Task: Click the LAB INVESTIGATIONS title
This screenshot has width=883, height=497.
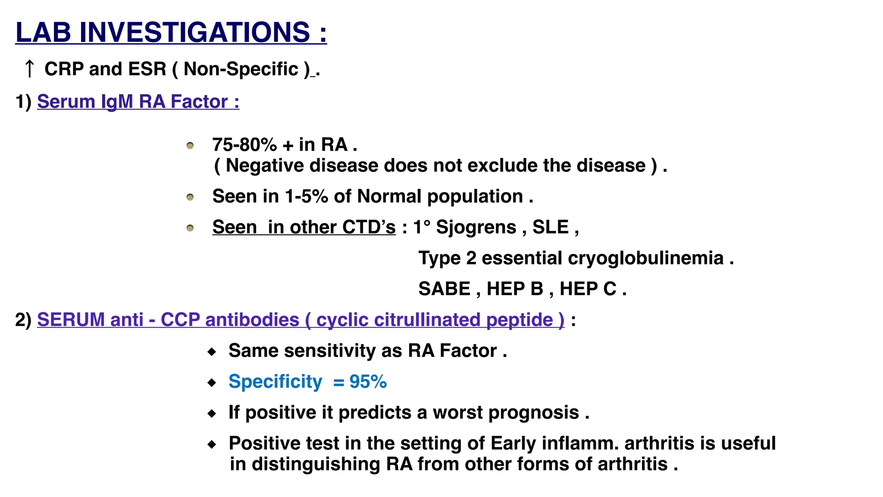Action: click(x=171, y=32)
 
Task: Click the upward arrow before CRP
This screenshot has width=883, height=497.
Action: click(x=29, y=69)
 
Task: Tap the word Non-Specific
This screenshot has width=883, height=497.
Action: click(x=241, y=69)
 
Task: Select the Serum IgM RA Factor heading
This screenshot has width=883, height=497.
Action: click(x=138, y=102)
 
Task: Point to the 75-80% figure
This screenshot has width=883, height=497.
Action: click(x=244, y=145)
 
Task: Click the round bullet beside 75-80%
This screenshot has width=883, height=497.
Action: click(x=190, y=146)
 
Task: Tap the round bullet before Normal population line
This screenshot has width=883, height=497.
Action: click(x=190, y=198)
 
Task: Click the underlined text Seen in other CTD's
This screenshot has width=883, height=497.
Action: click(x=304, y=227)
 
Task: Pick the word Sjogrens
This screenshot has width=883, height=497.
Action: click(x=476, y=227)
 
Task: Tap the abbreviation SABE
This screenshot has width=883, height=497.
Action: click(x=444, y=289)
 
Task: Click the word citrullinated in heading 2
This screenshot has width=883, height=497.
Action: click(x=427, y=320)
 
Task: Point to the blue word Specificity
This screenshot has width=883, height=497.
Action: click(x=275, y=382)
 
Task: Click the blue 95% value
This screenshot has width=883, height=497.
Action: click(x=368, y=382)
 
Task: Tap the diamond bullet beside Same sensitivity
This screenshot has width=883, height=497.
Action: click(x=212, y=352)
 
